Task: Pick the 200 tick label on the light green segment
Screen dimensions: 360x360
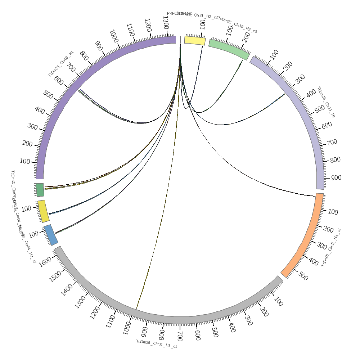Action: pyautogui.click(x=247, y=37)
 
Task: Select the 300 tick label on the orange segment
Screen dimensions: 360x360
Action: pyautogui.click(x=321, y=246)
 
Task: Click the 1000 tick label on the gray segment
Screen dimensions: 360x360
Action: pyautogui.click(x=127, y=328)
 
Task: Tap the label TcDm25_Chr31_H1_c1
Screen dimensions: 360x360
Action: pyautogui.click(x=157, y=344)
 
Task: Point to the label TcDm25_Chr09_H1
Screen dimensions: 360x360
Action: pyautogui.click(x=61, y=64)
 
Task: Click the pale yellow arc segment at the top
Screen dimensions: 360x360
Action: pyautogui.click(x=195, y=40)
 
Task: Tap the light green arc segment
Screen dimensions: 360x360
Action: pyautogui.click(x=229, y=49)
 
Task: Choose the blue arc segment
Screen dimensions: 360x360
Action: pyautogui.click(x=51, y=235)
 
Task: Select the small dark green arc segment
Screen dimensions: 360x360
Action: pyautogui.click(x=40, y=190)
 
